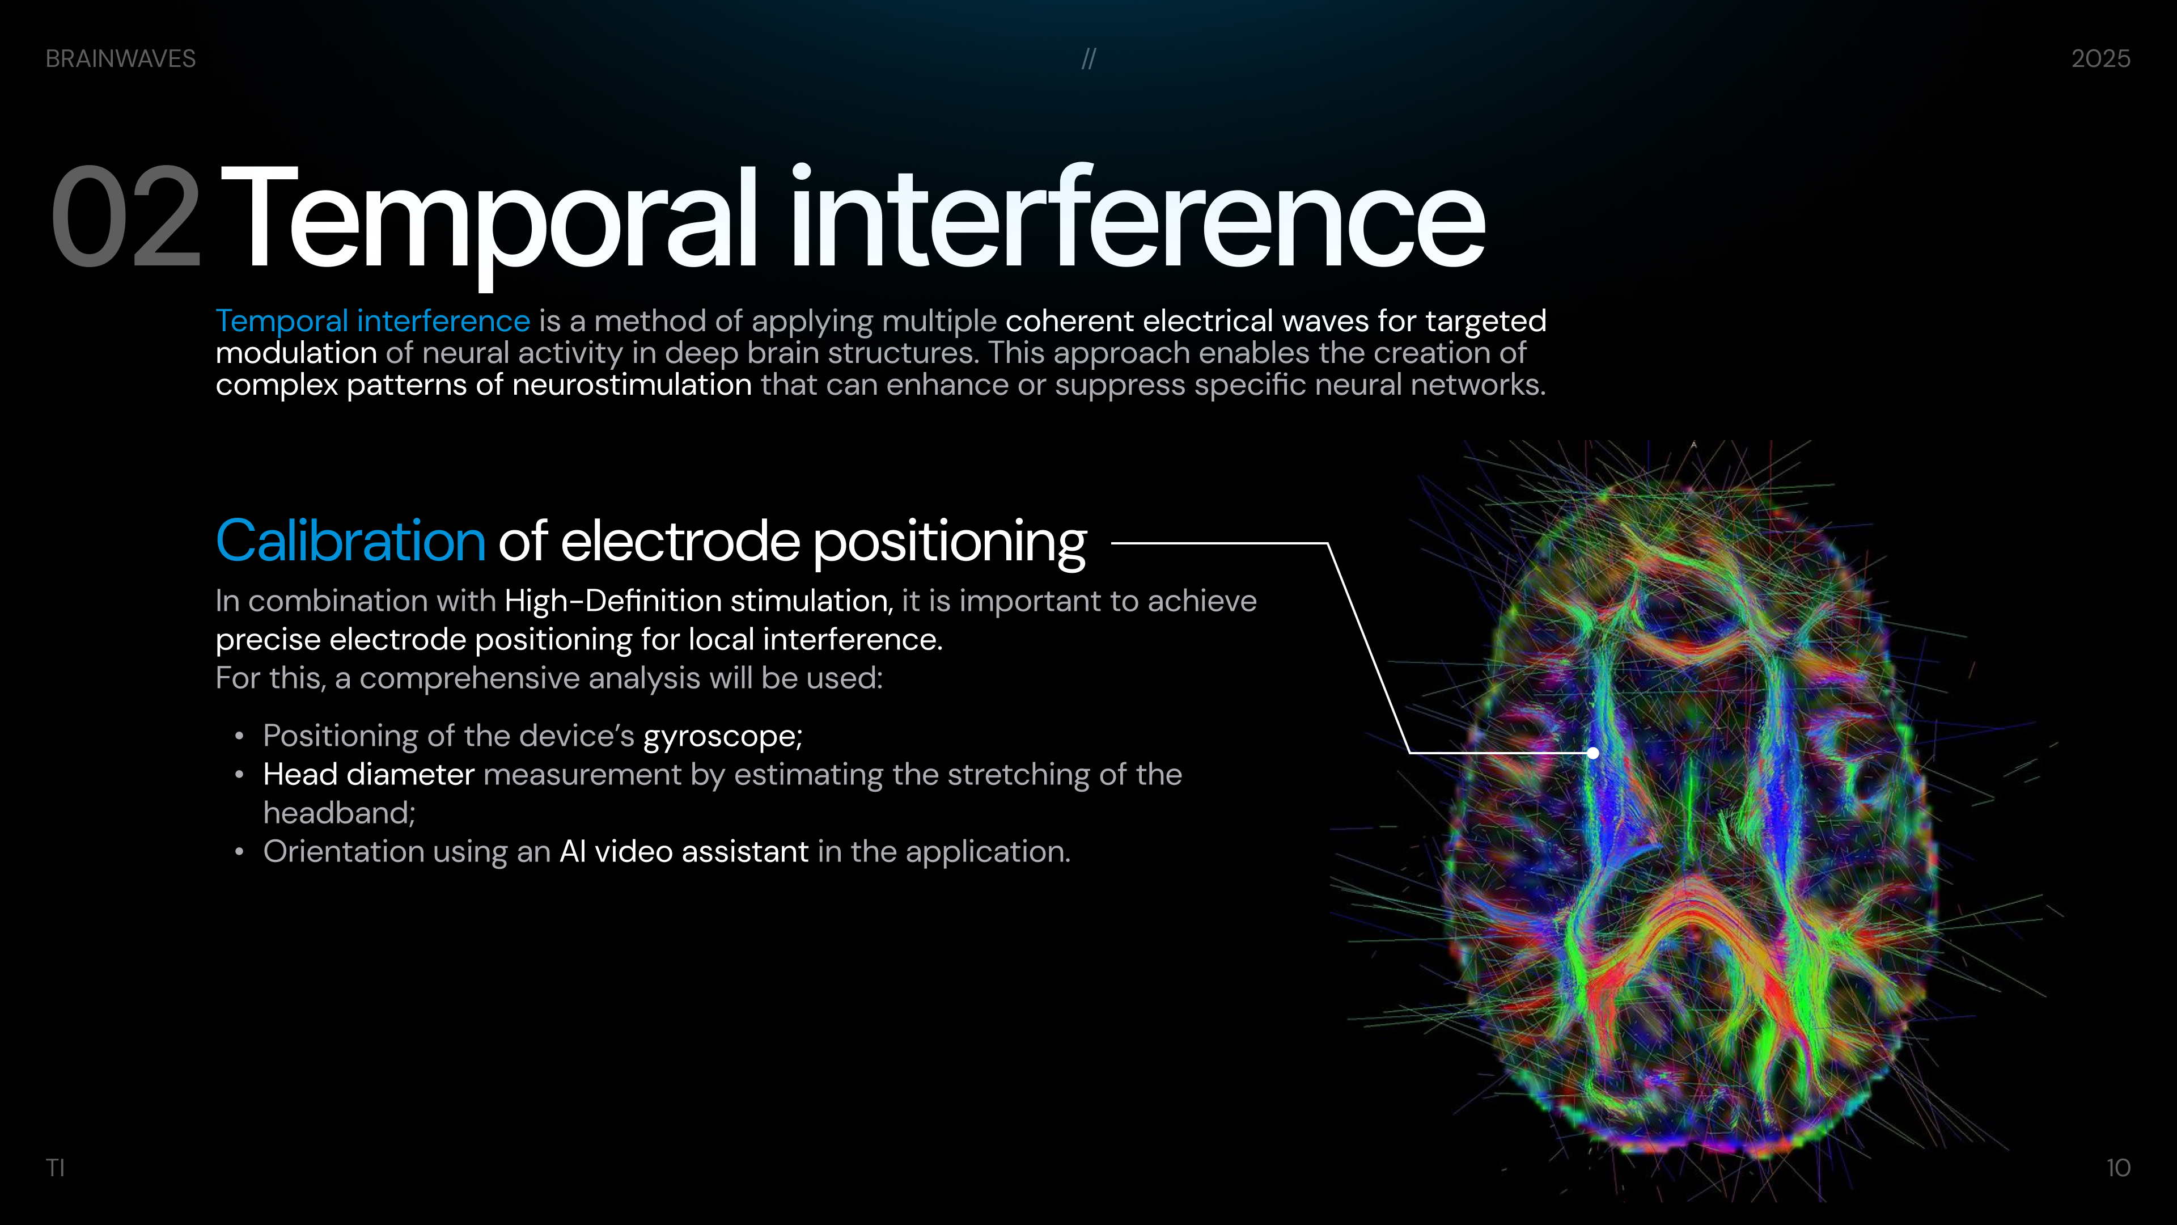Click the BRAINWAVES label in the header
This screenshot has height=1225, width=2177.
point(121,58)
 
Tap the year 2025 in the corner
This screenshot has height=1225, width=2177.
point(2101,58)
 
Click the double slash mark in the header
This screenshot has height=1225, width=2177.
point(1088,58)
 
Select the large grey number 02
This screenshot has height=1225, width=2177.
point(126,217)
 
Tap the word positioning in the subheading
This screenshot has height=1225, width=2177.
point(950,544)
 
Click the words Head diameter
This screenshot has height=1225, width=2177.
point(369,774)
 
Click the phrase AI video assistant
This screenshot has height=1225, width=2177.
point(684,851)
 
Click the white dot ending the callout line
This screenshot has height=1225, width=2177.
point(1593,753)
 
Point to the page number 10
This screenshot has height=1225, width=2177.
point(2118,1168)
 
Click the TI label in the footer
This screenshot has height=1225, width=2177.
point(55,1168)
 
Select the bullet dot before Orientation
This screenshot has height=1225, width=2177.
point(240,852)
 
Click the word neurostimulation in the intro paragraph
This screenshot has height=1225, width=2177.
point(632,385)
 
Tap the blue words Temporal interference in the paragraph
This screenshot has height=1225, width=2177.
point(372,321)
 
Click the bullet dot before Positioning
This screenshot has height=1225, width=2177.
point(240,736)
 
